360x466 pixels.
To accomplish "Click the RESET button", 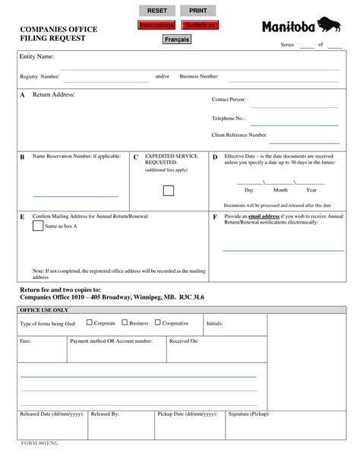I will (x=157, y=11).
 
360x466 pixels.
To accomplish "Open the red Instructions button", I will (x=156, y=25).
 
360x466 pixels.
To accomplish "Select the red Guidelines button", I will (x=199, y=25).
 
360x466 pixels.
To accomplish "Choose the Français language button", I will (x=176, y=40).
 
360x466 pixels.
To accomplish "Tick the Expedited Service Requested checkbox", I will (x=169, y=190).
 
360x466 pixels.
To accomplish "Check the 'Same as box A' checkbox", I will (x=38, y=226).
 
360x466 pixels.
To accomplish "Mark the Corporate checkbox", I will (x=87, y=323).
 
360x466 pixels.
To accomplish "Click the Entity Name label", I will (x=36, y=57).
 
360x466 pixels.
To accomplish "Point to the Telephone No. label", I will (x=228, y=119).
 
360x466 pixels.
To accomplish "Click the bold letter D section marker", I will (x=215, y=157).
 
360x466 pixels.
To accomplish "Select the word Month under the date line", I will (x=280, y=190).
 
